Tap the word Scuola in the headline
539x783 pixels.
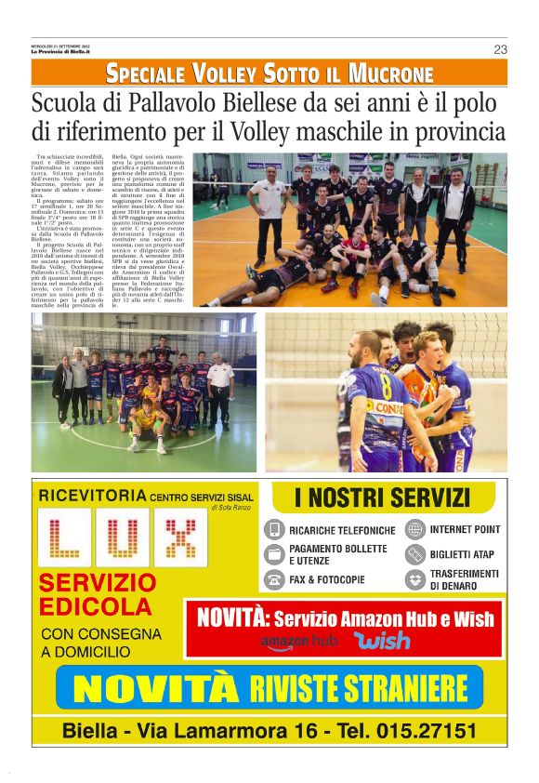tap(63, 102)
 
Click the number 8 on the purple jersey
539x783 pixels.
tap(360, 384)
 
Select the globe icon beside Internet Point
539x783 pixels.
tap(414, 529)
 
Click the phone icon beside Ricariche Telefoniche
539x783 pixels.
tap(274, 530)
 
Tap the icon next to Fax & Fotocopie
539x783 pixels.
tap(274, 579)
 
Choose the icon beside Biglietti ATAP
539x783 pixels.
tap(414, 554)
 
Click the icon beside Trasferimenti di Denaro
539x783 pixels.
tap(414, 579)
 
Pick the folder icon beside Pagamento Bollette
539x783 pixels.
tap(274, 554)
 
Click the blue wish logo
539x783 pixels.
tap(382, 641)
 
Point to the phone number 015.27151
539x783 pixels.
tap(424, 730)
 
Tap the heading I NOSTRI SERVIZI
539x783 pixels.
tap(382, 498)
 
